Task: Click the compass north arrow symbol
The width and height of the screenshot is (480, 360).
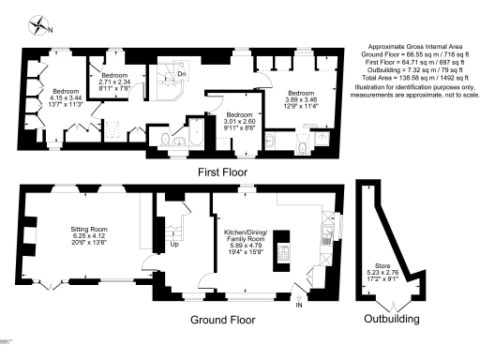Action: [38, 25]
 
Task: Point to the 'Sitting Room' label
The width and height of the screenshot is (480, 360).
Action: [91, 228]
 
